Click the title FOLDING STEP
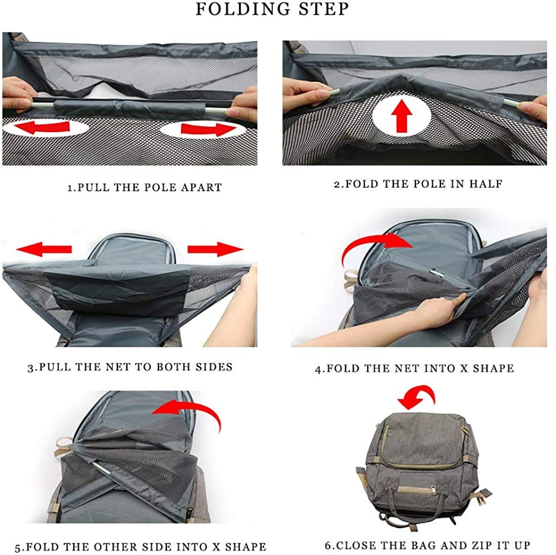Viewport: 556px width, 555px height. coord(272,10)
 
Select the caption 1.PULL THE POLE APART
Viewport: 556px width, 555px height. coord(145,187)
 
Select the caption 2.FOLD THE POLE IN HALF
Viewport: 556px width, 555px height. coord(418,184)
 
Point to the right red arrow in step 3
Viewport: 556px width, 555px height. coord(215,249)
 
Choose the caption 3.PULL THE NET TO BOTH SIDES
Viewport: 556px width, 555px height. coord(130,367)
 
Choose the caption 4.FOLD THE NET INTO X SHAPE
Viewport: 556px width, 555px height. coord(414,368)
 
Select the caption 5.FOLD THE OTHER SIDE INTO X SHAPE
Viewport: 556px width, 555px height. coord(140,547)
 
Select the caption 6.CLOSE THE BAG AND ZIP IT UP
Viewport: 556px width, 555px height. coord(426,545)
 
